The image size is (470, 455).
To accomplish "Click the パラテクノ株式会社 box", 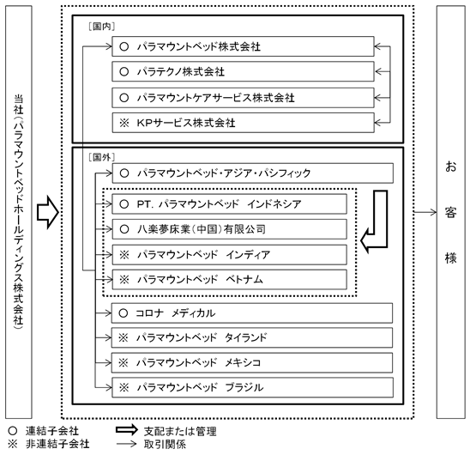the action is coord(243,71).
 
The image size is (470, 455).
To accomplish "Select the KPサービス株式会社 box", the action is coord(243,123).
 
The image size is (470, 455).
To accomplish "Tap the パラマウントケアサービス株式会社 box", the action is coord(243,98).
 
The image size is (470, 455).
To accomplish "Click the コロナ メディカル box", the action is coord(252,313).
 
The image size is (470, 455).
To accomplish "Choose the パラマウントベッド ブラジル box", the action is coord(252,387).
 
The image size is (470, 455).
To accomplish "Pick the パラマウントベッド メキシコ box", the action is coord(252,363).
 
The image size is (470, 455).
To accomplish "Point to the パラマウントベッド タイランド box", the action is coord(252,337).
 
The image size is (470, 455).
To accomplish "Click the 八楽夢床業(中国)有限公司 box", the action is coord(229,229).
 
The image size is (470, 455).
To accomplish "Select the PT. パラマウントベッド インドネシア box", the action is coord(229,204).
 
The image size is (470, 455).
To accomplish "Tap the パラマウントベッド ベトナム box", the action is coord(229,279).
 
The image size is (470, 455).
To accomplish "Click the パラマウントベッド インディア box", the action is coord(229,254).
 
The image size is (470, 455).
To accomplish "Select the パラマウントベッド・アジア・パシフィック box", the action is coord(253,173).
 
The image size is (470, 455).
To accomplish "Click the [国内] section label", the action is coord(102,27).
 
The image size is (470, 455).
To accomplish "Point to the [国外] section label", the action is coord(102,157).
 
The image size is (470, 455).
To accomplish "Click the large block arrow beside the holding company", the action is coord(48,213).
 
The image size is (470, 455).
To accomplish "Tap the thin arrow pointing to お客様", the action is coord(425,212).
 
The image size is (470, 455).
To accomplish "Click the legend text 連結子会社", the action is coord(51,431).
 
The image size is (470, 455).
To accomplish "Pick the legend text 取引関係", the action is coord(165,444).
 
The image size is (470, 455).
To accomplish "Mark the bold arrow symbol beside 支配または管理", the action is coord(127,430).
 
